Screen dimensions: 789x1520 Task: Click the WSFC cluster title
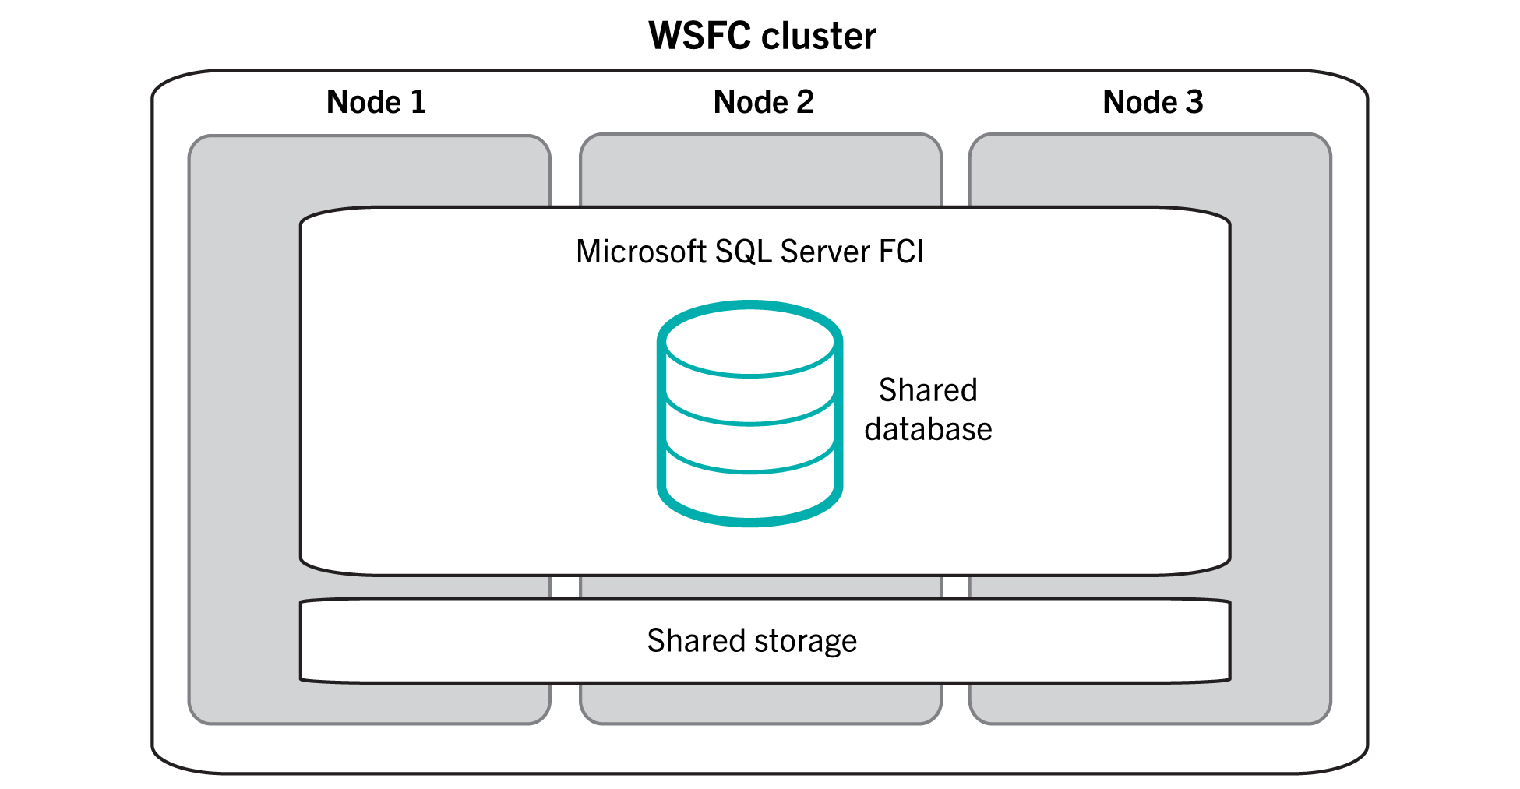[x=762, y=37]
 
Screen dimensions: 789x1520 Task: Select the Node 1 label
[x=376, y=102]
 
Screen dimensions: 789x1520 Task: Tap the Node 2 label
[x=764, y=102]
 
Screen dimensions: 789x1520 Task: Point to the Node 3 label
[x=1152, y=102]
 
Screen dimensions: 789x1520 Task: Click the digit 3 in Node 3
[x=1194, y=102]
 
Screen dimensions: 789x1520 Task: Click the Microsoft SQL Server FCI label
[x=749, y=252]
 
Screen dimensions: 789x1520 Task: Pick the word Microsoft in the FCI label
[x=640, y=252]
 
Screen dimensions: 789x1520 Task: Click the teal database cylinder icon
[x=749, y=413]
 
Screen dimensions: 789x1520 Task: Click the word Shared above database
[x=927, y=390]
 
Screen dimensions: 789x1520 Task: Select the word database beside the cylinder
[x=928, y=429]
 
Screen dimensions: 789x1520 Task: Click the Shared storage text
[x=751, y=640]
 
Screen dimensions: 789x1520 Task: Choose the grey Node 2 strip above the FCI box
[x=760, y=171]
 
